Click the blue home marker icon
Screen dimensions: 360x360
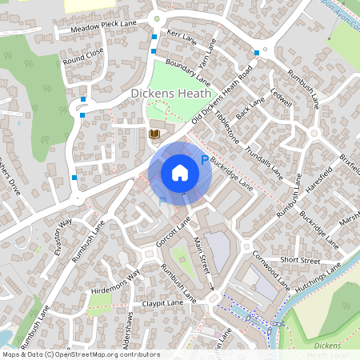[x=180, y=172]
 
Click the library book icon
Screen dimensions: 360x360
[x=155, y=133]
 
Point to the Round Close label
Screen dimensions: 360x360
[x=83, y=55]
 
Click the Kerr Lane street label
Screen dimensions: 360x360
[x=182, y=37]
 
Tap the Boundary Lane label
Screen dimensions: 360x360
[x=187, y=72]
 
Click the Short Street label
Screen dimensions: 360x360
[x=300, y=261]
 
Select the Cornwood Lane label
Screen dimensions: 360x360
[x=271, y=271]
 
